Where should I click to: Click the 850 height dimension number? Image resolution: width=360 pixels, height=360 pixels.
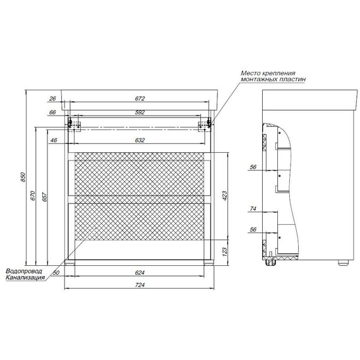pos(23,177)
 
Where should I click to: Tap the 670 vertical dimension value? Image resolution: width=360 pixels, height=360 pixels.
pos(33,196)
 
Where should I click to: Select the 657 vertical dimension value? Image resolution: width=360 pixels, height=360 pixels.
pos(45,197)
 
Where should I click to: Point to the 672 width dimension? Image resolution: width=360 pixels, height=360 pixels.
pos(140,99)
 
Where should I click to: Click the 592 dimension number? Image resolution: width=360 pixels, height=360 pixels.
pos(140,112)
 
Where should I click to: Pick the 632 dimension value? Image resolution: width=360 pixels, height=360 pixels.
pos(140,140)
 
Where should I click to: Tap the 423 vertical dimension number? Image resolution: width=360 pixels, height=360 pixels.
pos(224,196)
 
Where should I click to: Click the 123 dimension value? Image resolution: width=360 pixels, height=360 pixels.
pos(224,252)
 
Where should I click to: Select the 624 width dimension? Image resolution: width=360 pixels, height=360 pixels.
pos(140,272)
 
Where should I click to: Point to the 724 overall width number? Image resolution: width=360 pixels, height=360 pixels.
pos(140,285)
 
